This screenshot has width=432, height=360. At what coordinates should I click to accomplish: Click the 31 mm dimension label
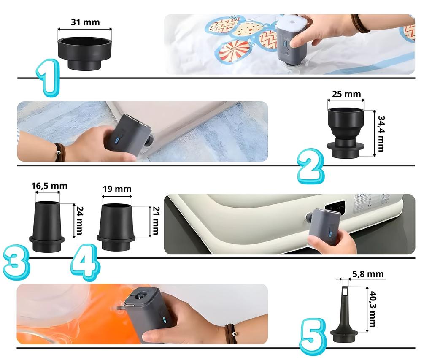(x=85, y=22)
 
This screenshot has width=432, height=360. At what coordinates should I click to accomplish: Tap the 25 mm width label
(x=346, y=94)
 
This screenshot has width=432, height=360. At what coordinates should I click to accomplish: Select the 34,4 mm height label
(x=381, y=134)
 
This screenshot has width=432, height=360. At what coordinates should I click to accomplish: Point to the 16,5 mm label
(x=49, y=186)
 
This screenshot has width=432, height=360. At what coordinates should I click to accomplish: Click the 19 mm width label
(x=117, y=189)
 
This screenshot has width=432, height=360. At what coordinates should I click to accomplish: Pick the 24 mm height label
(x=79, y=220)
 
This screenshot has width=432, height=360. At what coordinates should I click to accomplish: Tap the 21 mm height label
(x=156, y=221)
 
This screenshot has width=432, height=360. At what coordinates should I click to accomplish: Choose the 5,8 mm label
(x=368, y=274)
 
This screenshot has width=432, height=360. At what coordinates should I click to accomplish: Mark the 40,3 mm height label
(x=373, y=309)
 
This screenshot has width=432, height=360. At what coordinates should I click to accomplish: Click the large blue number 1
(x=49, y=78)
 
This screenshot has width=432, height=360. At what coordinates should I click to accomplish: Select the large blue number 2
(x=311, y=166)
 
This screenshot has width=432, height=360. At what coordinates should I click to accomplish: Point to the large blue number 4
(x=85, y=262)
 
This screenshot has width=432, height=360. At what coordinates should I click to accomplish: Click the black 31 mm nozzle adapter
(x=85, y=54)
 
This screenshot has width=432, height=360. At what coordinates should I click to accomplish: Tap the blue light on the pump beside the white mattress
(x=330, y=234)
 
